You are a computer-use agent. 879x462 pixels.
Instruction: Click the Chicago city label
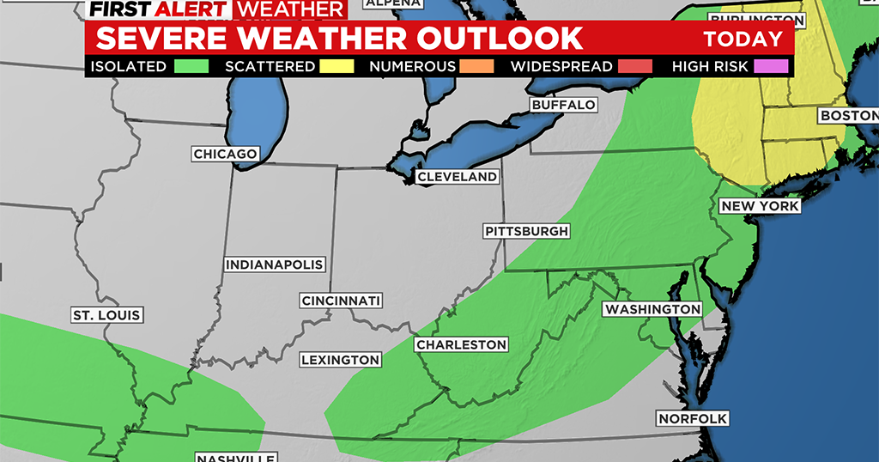pos(225,154)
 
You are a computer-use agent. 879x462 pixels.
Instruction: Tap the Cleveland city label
pos(457,177)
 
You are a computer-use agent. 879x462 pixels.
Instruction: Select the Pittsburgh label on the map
pos(526,232)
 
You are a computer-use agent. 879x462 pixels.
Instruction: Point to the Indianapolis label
pos(275,264)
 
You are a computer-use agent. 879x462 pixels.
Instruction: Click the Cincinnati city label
pos(341,301)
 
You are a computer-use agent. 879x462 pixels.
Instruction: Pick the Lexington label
pos(341,360)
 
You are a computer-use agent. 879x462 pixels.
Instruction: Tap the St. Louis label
pos(106,315)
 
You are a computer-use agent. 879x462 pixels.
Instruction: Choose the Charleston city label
pos(461,344)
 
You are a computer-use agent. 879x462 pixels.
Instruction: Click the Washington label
pos(652,309)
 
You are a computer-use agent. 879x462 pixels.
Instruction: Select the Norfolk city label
pos(692,419)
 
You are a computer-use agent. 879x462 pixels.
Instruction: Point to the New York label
pos(760,206)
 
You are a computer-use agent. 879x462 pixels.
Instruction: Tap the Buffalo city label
pos(563,105)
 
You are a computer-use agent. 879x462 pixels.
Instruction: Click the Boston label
pos(848,115)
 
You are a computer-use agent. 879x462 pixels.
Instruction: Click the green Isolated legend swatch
pos(191,66)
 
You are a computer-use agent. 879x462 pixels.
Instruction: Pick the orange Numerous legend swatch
pos(476,66)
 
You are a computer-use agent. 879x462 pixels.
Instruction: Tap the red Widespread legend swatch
pos(635,66)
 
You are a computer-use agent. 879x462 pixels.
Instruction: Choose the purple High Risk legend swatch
pos(771,66)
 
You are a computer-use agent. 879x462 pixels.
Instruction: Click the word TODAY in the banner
pos(743,39)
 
